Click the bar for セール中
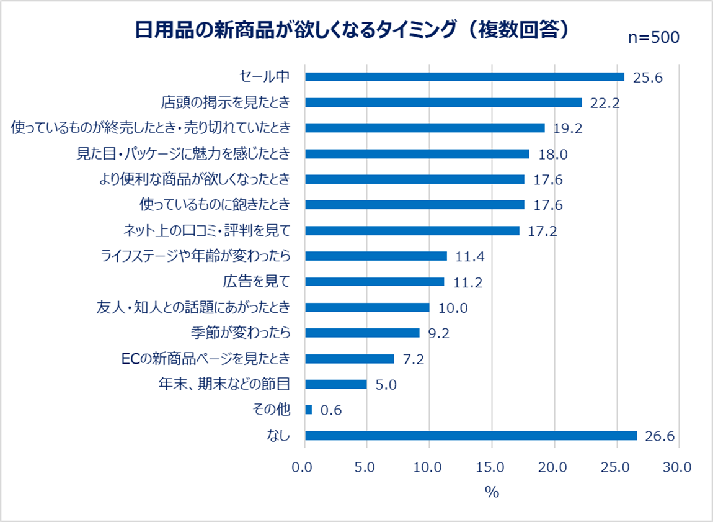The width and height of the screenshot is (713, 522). coord(464,76)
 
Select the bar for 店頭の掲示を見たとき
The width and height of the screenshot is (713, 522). coord(443,102)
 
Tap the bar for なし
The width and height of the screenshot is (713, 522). coord(471,436)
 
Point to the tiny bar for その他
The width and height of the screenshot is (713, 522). coord(309,410)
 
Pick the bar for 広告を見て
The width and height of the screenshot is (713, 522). coord(374,282)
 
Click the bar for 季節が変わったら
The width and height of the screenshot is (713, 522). coord(362,333)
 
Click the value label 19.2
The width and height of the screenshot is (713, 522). coord(569,128)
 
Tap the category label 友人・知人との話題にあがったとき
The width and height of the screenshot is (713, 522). coord(193,307)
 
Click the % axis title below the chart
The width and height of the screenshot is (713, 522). coord(492,493)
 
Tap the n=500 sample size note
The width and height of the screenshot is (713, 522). coord(653,37)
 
